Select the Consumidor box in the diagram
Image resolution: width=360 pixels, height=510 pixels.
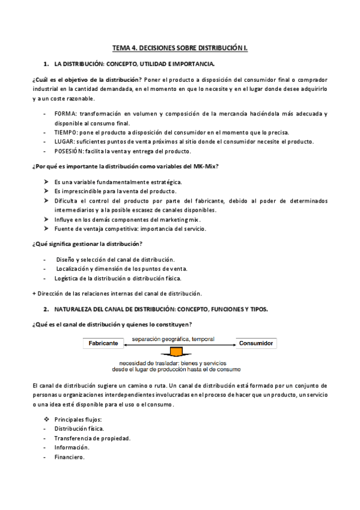pyautogui.click(x=256, y=343)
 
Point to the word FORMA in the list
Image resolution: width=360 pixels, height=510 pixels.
pyautogui.click(x=64, y=114)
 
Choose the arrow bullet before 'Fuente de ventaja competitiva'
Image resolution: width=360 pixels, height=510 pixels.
pyautogui.click(x=46, y=229)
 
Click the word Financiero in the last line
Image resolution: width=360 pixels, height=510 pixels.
pyautogui.click(x=69, y=456)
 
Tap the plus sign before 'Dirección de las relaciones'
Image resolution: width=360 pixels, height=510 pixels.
pyautogui.click(x=33, y=293)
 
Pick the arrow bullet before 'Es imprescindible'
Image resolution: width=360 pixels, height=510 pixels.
pyautogui.click(x=46, y=191)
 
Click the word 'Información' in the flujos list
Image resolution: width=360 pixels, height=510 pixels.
pyautogui.click(x=72, y=447)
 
